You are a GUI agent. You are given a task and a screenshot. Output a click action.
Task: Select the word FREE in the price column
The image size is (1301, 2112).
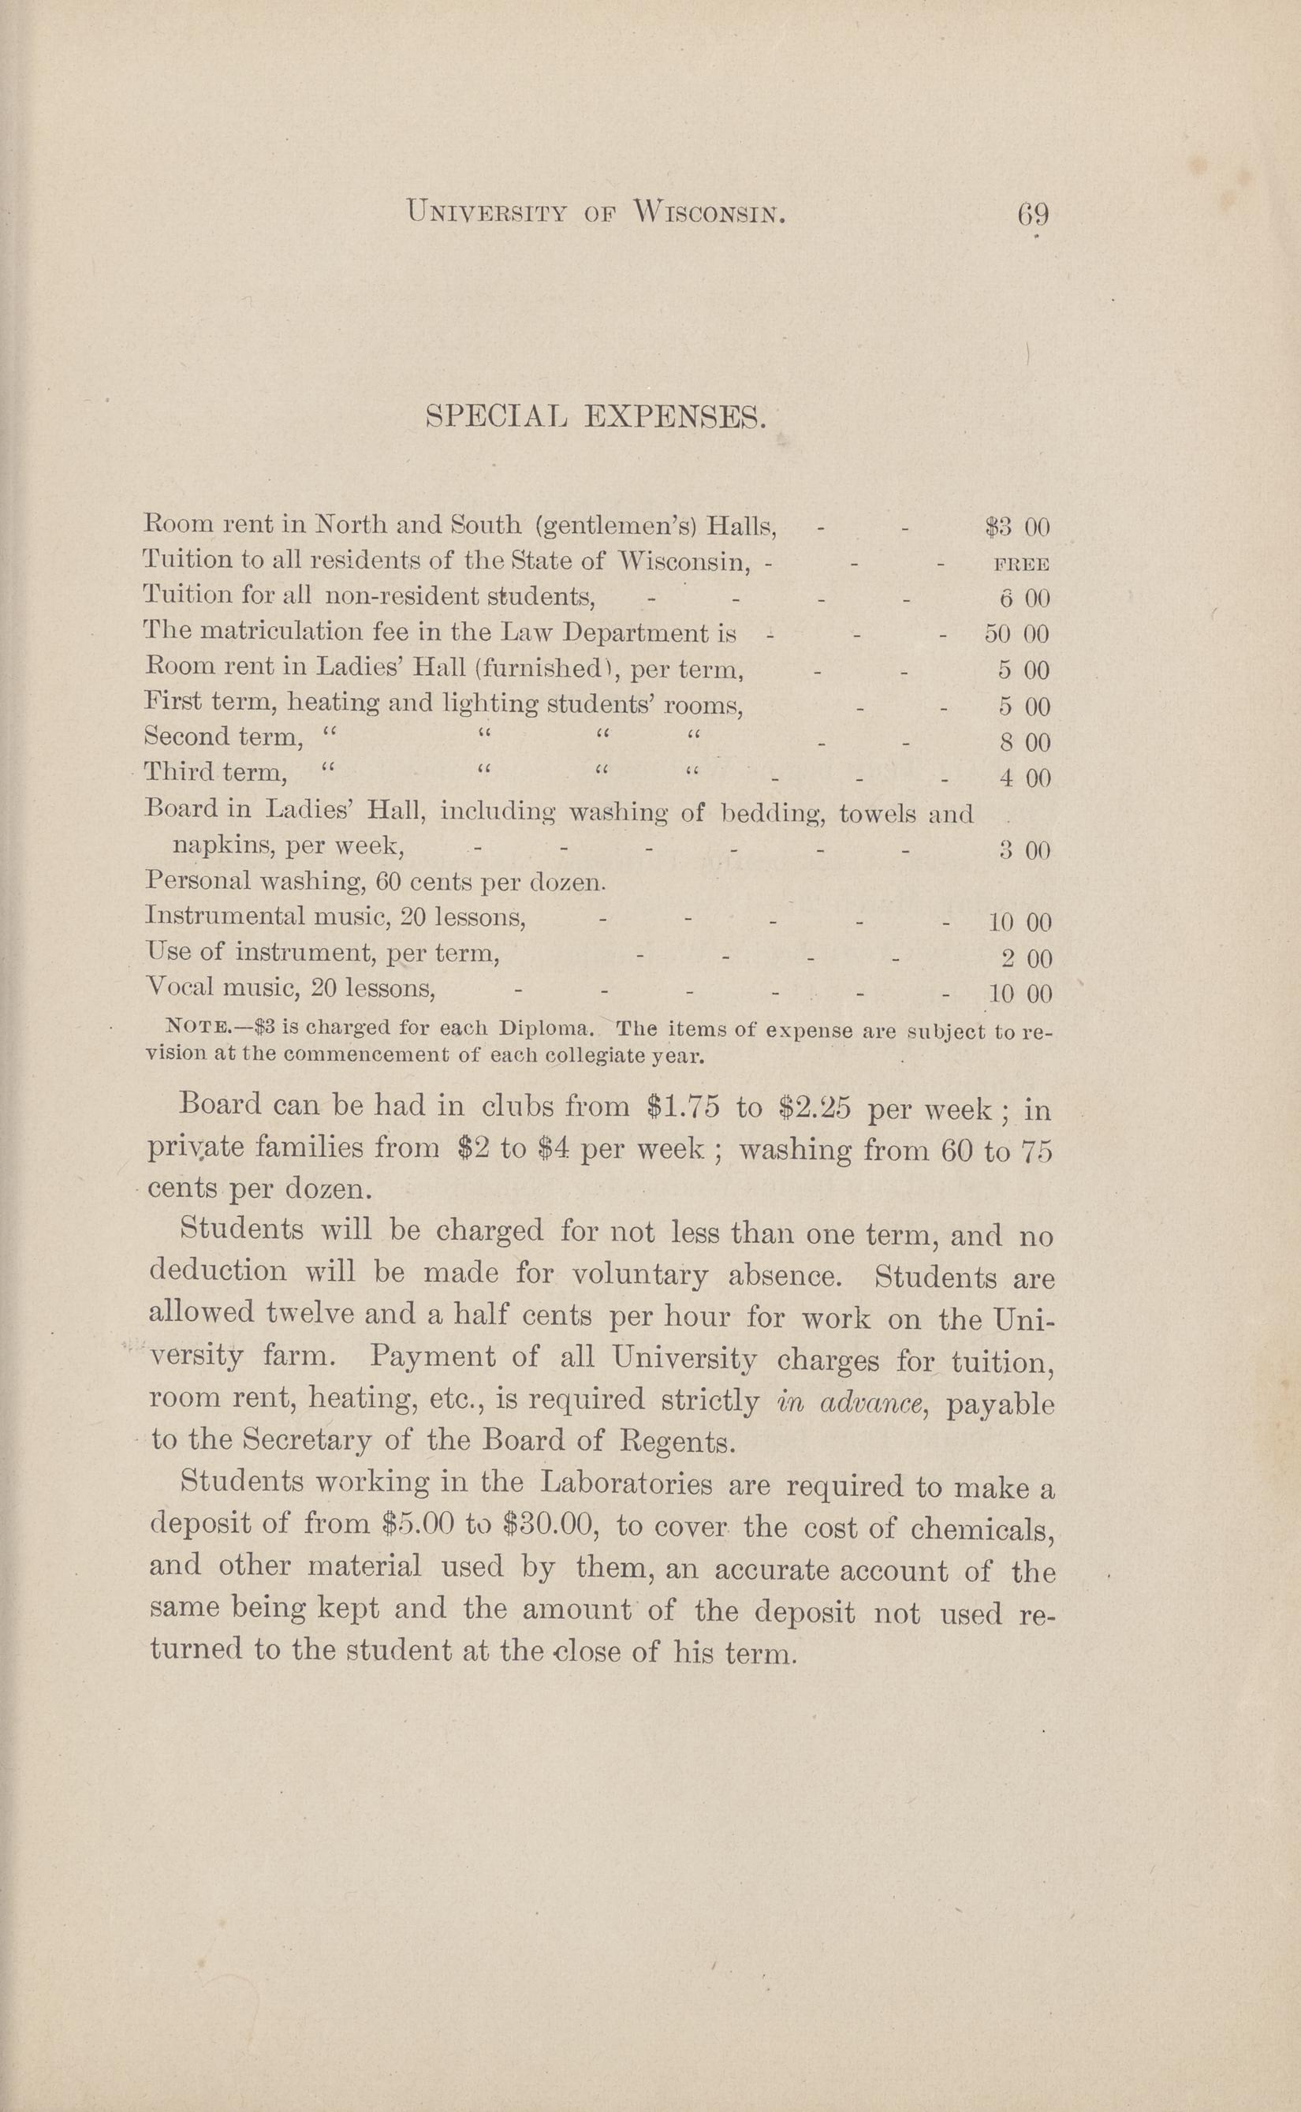(x=1021, y=565)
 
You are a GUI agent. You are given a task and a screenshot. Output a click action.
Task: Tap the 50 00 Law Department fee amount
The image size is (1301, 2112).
(x=1016, y=634)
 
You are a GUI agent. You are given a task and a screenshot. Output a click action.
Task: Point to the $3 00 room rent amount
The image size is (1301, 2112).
(x=1017, y=527)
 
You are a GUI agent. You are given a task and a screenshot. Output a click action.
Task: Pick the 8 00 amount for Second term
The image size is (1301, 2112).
(x=1025, y=743)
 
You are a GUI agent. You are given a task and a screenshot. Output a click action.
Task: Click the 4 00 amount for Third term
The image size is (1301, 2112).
(x=1025, y=779)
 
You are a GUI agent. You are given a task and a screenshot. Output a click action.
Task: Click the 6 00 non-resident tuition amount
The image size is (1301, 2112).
(x=1025, y=598)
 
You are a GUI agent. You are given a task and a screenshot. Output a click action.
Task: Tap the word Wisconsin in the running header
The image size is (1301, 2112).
(x=709, y=211)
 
